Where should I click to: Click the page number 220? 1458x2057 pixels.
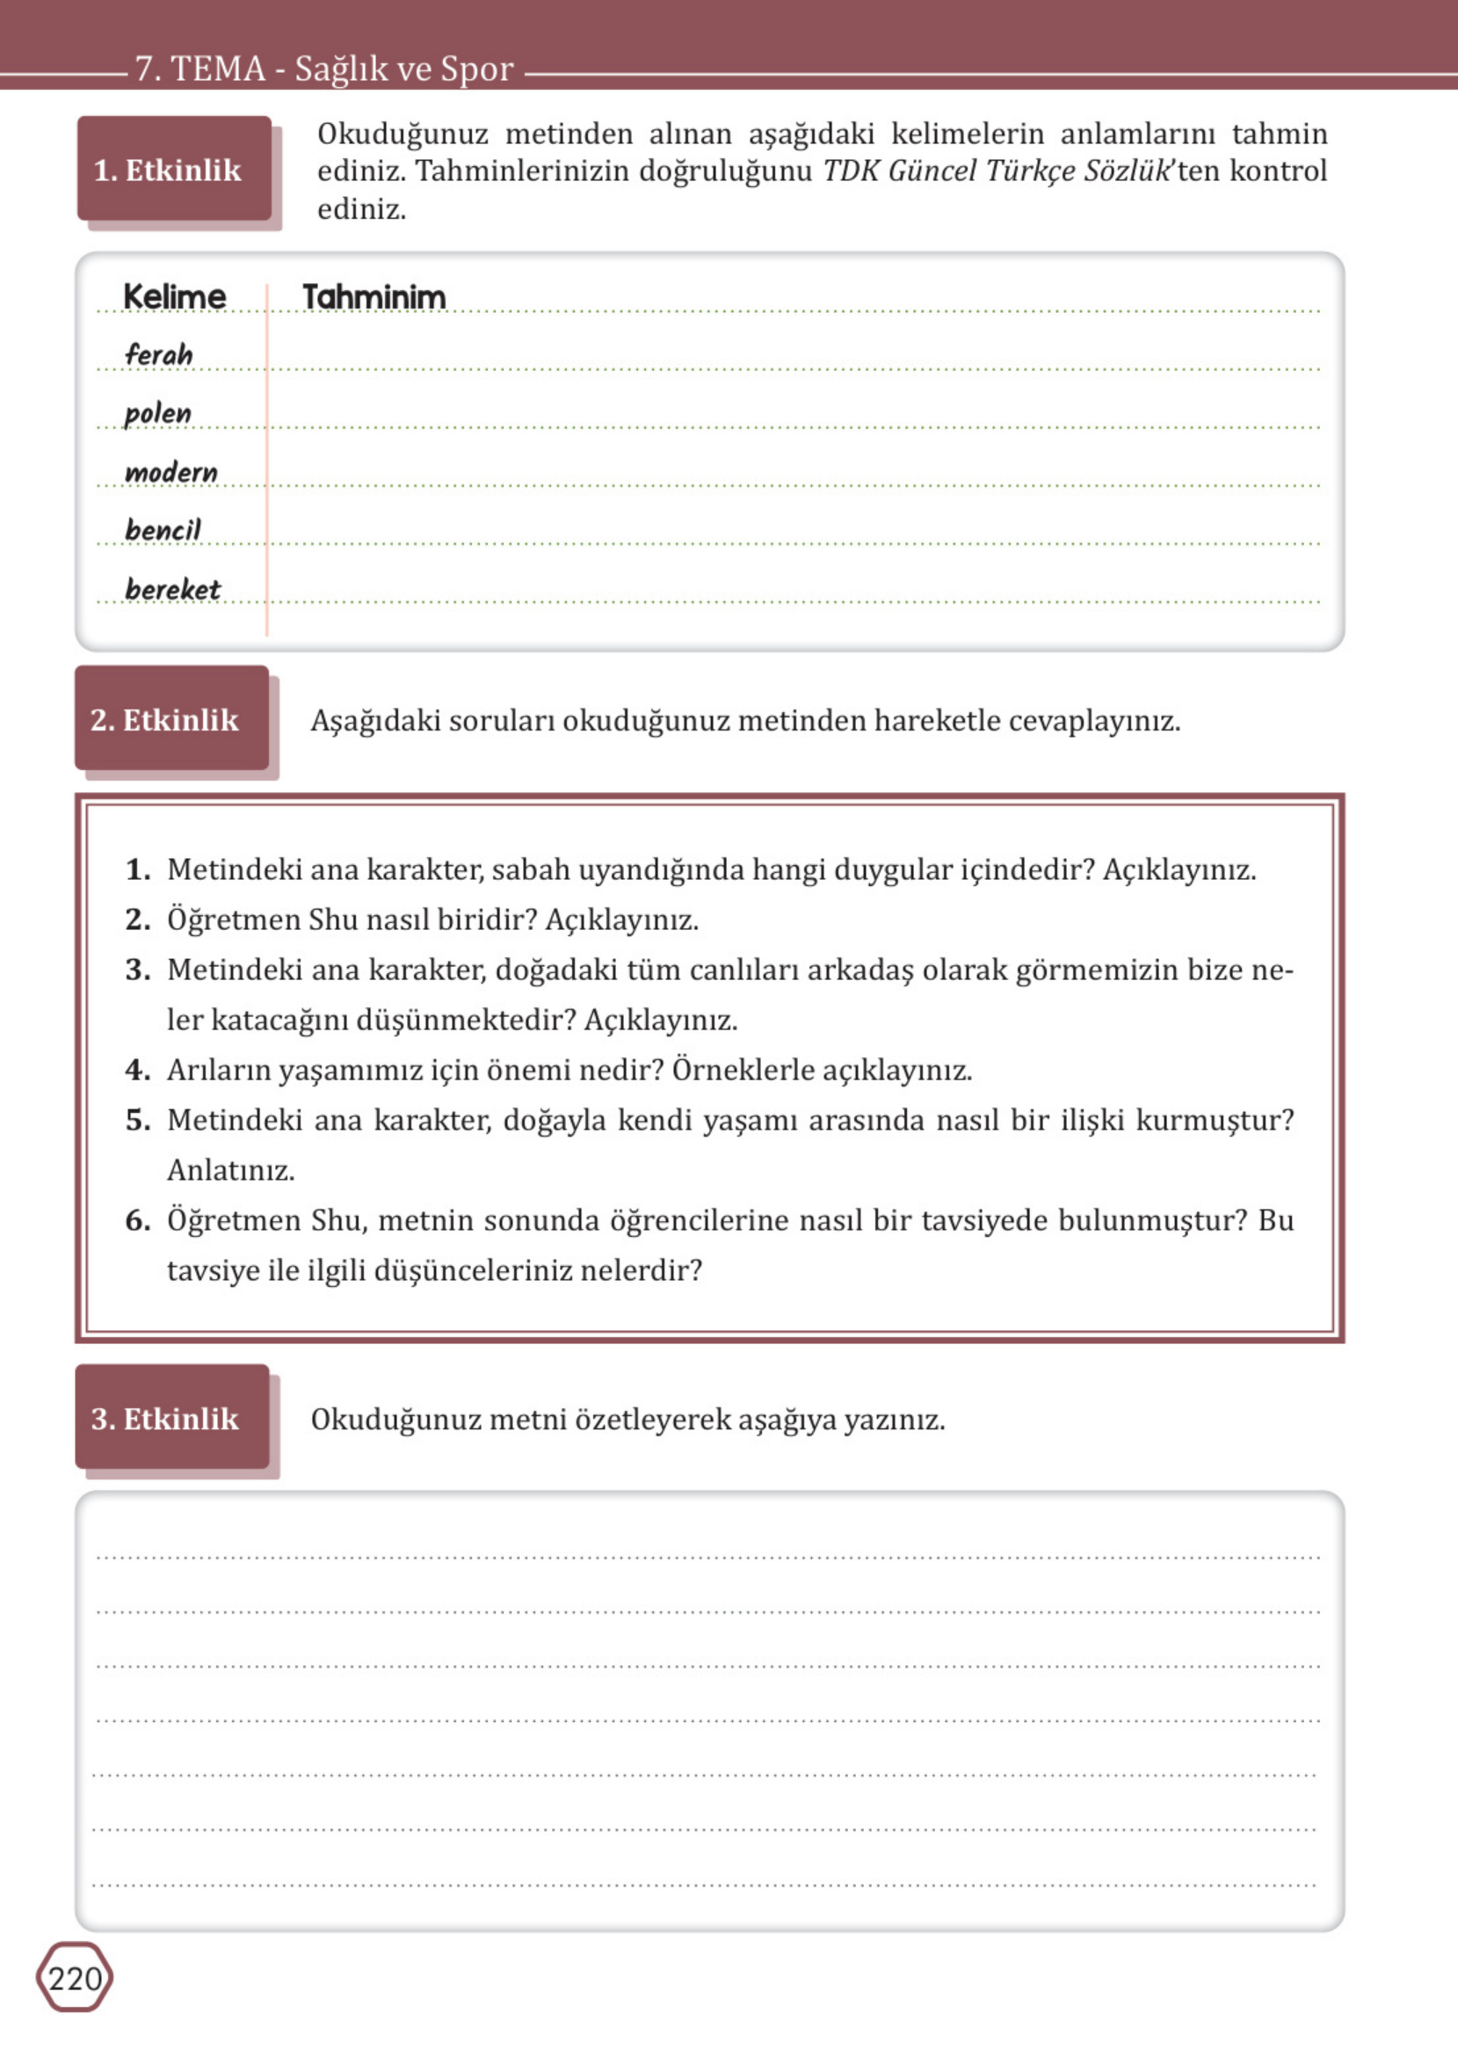(75, 1978)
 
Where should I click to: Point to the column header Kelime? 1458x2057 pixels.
(174, 296)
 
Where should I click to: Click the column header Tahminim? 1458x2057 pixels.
(374, 296)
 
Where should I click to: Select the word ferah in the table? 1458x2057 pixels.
(158, 353)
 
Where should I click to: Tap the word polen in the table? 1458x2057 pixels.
(157, 413)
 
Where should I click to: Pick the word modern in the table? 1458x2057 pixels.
(170, 471)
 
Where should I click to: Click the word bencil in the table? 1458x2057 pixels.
(163, 530)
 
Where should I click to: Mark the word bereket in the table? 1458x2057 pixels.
(172, 589)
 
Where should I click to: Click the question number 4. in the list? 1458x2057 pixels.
(137, 1069)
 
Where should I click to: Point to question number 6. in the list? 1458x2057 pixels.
(137, 1219)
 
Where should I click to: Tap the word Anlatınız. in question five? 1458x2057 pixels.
(231, 1170)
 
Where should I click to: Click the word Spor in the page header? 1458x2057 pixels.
(476, 69)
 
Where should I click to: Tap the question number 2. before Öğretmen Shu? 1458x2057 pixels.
(137, 919)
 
